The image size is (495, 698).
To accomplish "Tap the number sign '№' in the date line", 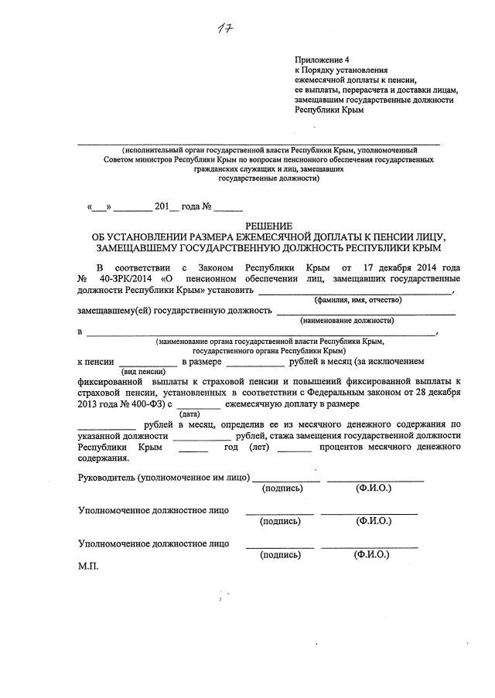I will click(x=207, y=207).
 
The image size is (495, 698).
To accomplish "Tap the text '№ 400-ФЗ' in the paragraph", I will click(x=136, y=403).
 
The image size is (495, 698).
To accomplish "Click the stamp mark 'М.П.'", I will click(x=90, y=566).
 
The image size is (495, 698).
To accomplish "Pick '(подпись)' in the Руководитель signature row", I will click(x=285, y=489).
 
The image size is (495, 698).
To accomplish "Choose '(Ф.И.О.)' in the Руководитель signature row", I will click(x=374, y=489).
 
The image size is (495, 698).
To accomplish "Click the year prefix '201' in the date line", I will click(x=162, y=207).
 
